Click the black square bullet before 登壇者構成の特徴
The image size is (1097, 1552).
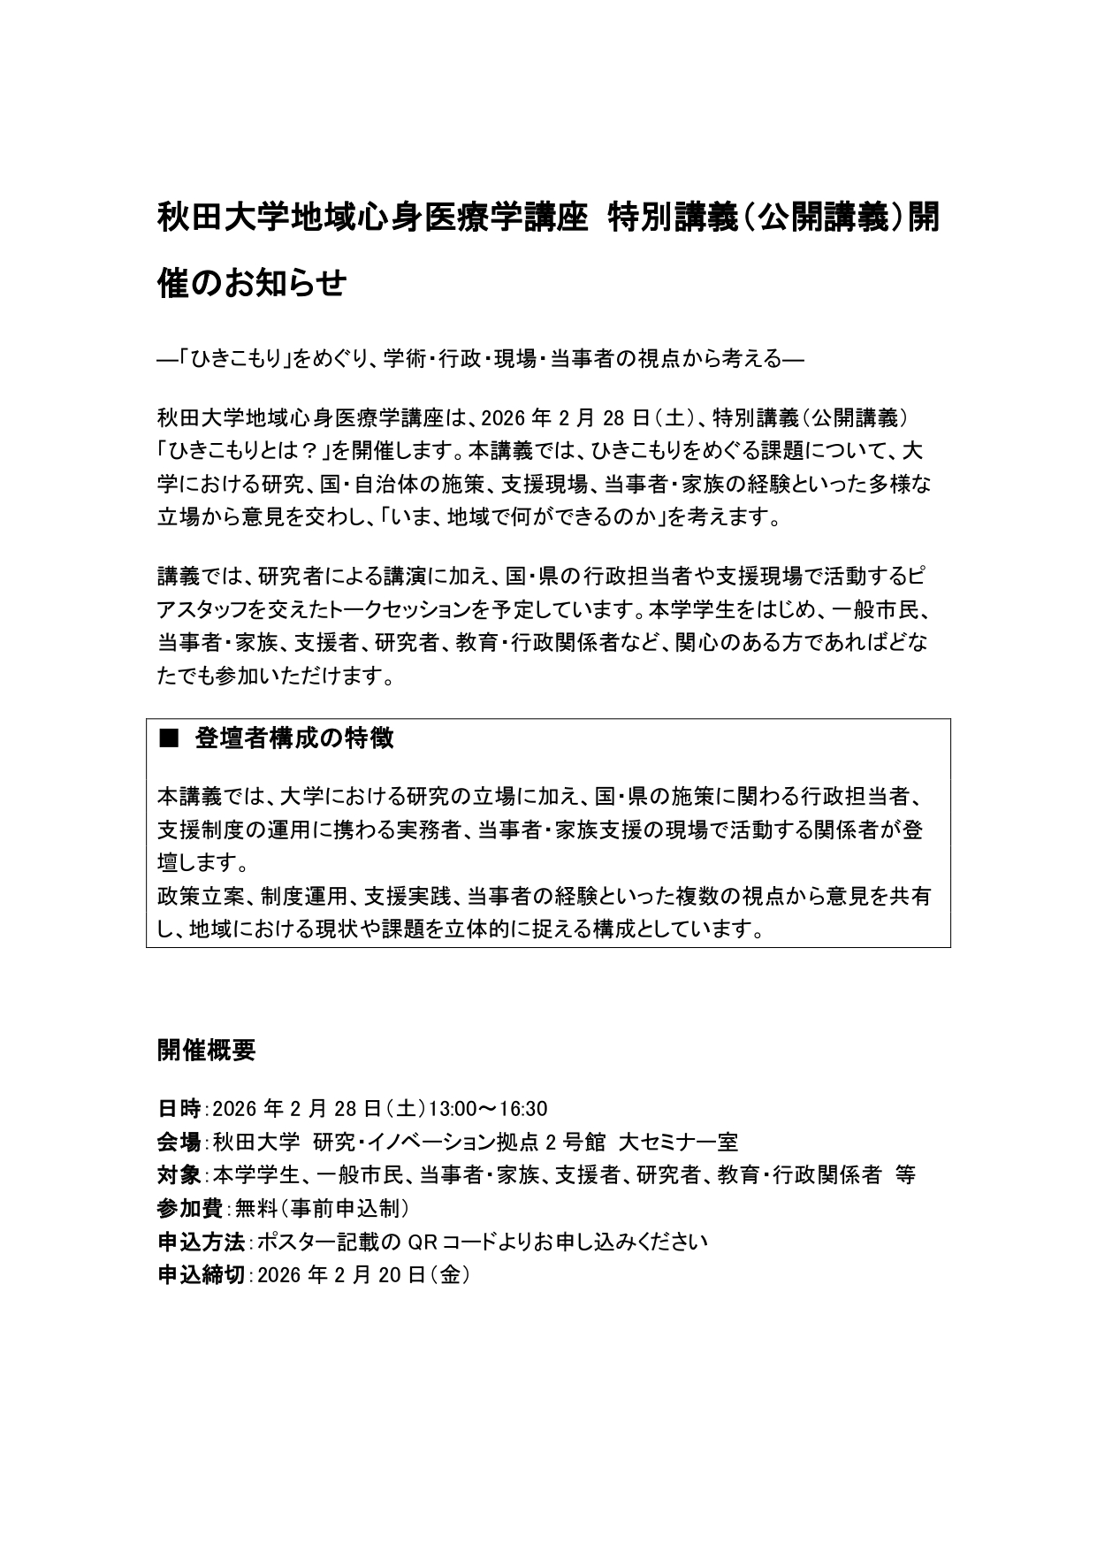[168, 739]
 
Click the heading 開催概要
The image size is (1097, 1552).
[206, 1050]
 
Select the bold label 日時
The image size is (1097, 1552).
[179, 1109]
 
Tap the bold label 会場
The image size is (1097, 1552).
[179, 1142]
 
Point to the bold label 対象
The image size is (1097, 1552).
[179, 1175]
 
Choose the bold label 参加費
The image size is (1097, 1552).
[189, 1208]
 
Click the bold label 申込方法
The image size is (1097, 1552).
[200, 1242]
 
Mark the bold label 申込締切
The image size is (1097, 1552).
[200, 1275]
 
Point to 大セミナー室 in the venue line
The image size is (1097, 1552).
[678, 1142]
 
